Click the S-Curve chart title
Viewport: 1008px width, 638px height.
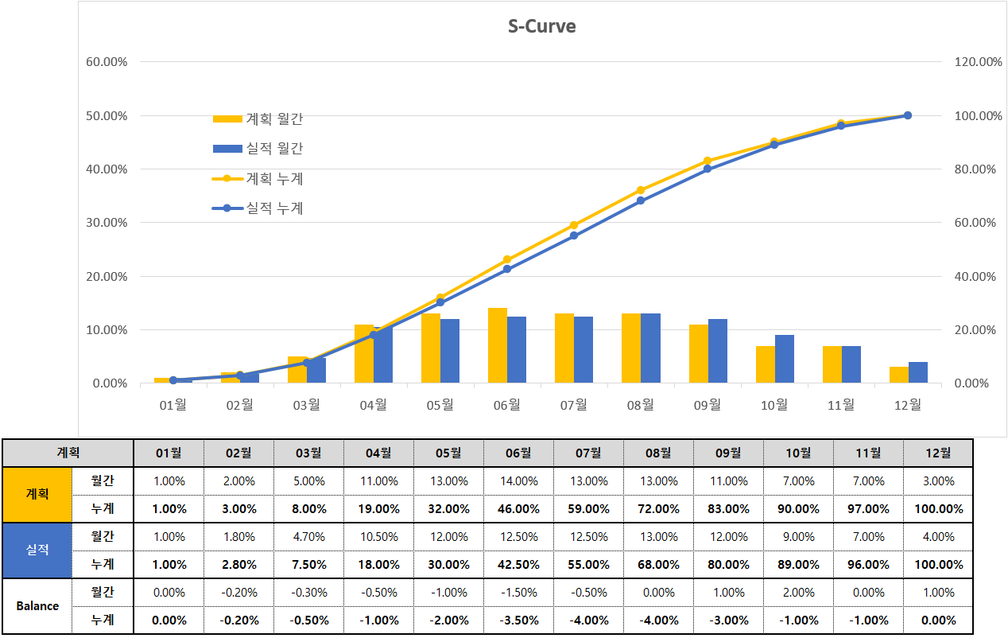click(x=541, y=26)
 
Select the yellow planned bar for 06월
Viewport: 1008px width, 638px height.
click(x=498, y=345)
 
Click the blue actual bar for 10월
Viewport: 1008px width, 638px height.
click(x=784, y=360)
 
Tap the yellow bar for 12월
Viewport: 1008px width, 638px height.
click(x=898, y=375)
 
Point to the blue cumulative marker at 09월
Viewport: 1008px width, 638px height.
click(x=708, y=169)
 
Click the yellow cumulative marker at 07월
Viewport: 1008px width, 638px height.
click(x=574, y=225)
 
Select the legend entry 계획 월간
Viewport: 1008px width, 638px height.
click(x=258, y=119)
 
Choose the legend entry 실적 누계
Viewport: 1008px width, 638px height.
click(x=258, y=208)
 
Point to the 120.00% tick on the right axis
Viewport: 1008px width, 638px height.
click(x=977, y=62)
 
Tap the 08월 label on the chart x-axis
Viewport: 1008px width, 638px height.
click(x=640, y=405)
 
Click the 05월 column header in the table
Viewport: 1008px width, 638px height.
click(x=448, y=453)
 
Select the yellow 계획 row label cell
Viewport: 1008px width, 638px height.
click(x=37, y=494)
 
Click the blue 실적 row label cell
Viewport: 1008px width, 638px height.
click(x=37, y=550)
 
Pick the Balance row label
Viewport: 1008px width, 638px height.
click(x=37, y=605)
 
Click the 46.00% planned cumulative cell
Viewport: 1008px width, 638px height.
click(x=518, y=509)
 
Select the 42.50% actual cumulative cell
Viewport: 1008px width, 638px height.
click(x=518, y=565)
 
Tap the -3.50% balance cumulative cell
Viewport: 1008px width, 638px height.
click(x=518, y=620)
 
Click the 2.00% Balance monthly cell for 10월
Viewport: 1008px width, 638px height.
click(x=798, y=593)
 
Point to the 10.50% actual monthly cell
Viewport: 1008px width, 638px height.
click(x=378, y=537)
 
